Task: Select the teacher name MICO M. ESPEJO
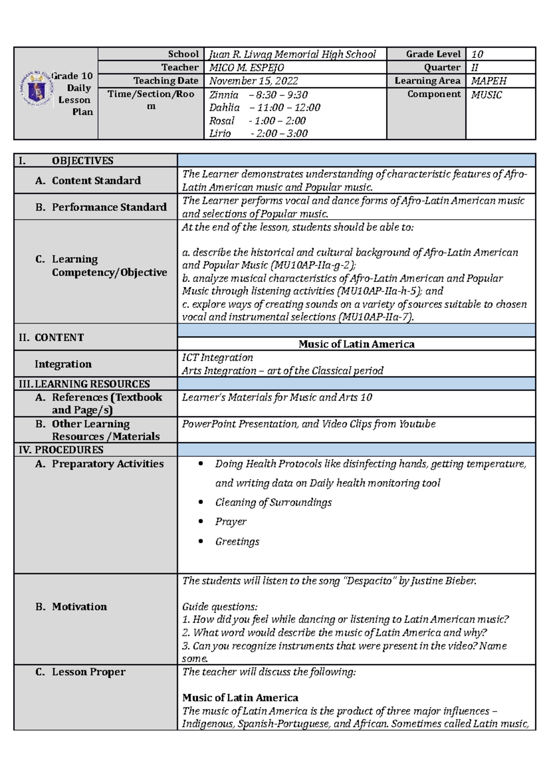pos(247,68)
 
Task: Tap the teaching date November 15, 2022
pos(253,81)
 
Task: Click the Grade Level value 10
pos(477,54)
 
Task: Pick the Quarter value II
pos(475,68)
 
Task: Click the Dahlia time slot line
pos(264,108)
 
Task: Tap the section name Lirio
pos(220,134)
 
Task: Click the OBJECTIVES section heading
pos(82,161)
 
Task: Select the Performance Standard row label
pos(109,207)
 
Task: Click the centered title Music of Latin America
pos(356,344)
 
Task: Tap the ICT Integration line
pos(217,357)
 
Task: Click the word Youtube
pos(417,424)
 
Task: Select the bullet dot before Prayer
pos(201,522)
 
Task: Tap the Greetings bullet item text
pos(237,542)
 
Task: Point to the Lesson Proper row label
pos(88,672)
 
